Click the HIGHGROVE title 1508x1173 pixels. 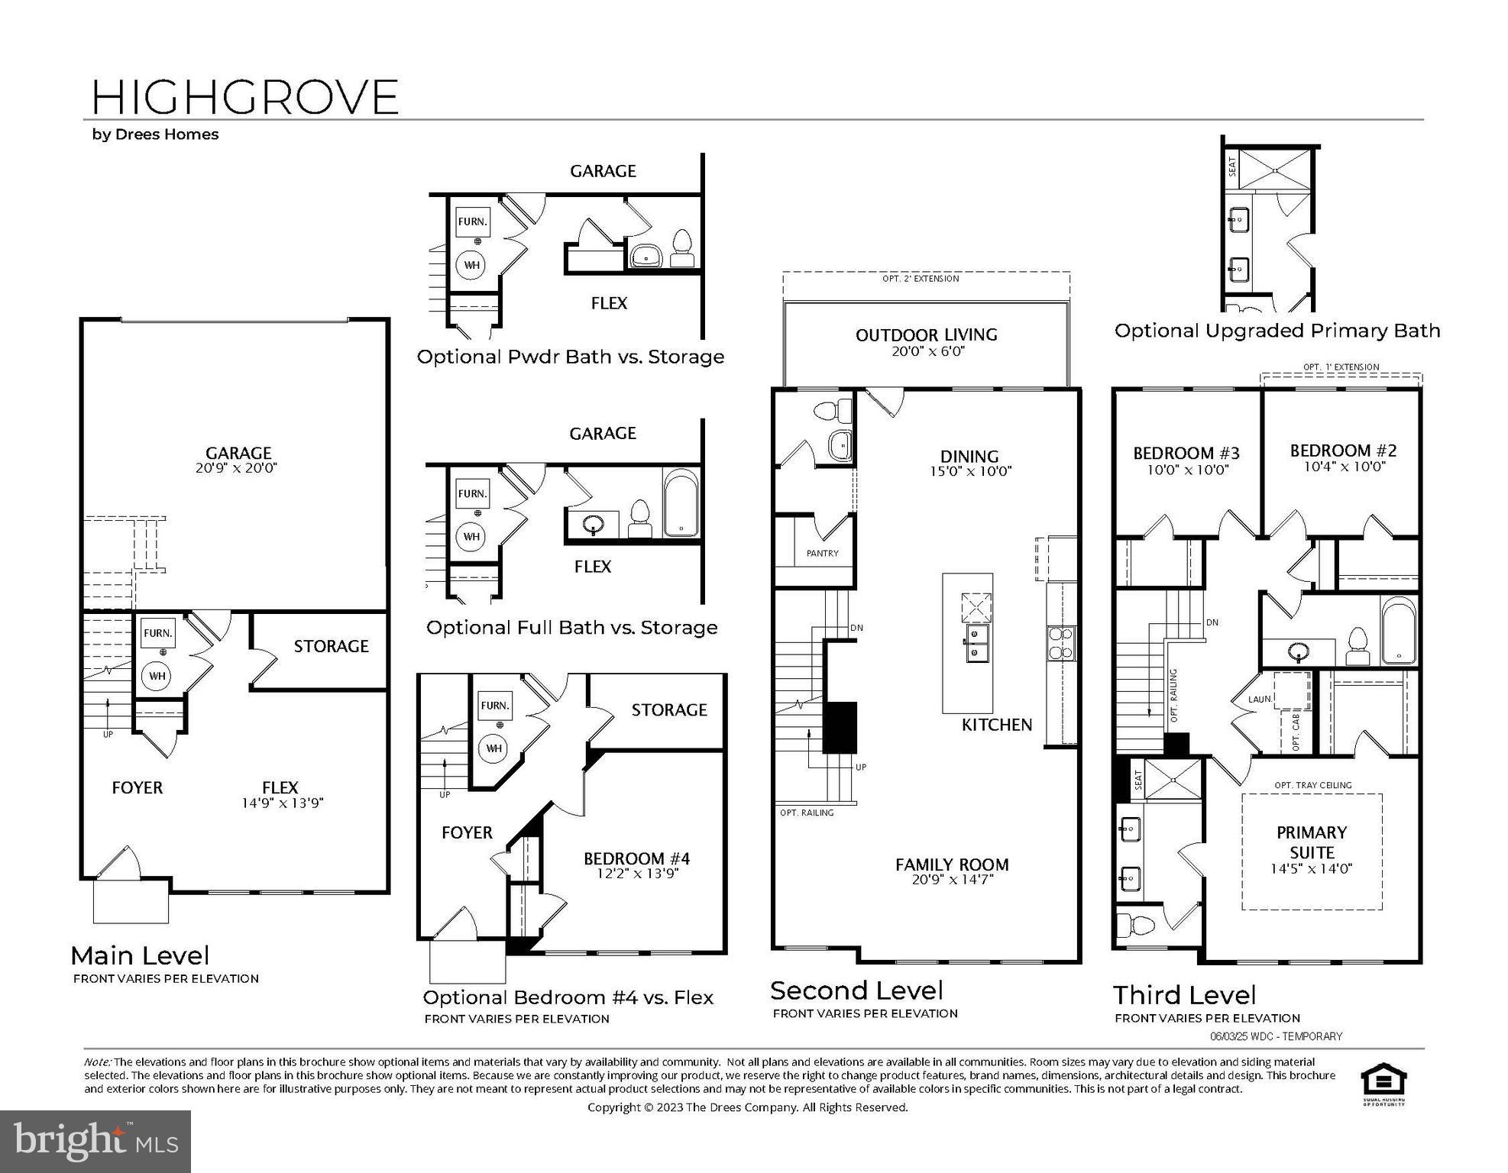pyautogui.click(x=244, y=97)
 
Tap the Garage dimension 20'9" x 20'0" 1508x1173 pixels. pyautogui.click(x=236, y=468)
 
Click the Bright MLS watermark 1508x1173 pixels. pyautogui.click(x=95, y=1141)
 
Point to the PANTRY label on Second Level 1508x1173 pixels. pyautogui.click(x=822, y=553)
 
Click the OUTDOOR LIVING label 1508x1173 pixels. pyautogui.click(x=926, y=334)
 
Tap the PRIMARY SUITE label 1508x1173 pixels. pyautogui.click(x=1311, y=842)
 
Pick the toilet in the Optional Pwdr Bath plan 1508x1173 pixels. pyautogui.click(x=681, y=248)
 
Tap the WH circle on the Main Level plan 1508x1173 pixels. pyautogui.click(x=157, y=676)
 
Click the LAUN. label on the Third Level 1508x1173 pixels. pyautogui.click(x=1260, y=699)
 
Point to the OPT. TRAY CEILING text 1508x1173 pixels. pyautogui.click(x=1312, y=785)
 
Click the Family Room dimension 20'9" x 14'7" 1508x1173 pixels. pyautogui.click(x=952, y=880)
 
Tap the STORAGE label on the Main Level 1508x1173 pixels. pyautogui.click(x=331, y=646)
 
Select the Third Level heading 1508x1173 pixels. pyautogui.click(x=1184, y=995)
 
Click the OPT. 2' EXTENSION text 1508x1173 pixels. pyautogui.click(x=920, y=279)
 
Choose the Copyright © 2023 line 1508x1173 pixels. pyautogui.click(x=747, y=1107)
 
